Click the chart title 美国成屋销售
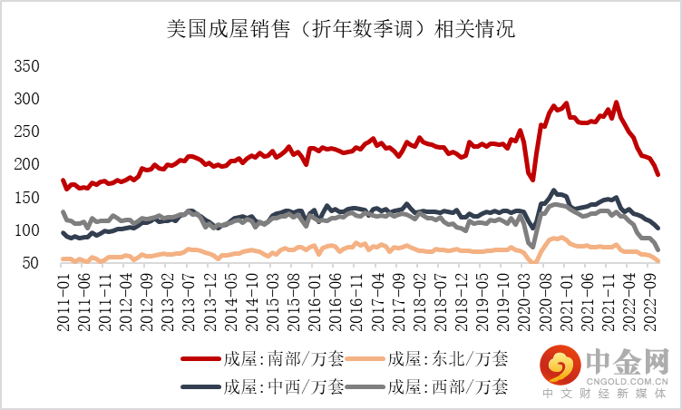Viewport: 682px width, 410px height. pyautogui.click(x=341, y=30)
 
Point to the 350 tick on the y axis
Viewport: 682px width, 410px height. pyautogui.click(x=27, y=66)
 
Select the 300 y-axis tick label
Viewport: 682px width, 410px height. pyautogui.click(x=27, y=99)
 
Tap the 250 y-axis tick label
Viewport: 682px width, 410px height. pyautogui.click(x=27, y=132)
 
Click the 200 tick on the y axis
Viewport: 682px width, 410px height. pyautogui.click(x=27, y=164)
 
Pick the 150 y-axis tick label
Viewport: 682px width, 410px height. pyautogui.click(x=27, y=198)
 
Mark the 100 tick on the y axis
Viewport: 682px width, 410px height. pyautogui.click(x=27, y=230)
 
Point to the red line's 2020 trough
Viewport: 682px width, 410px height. pyautogui.click(x=532, y=180)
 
